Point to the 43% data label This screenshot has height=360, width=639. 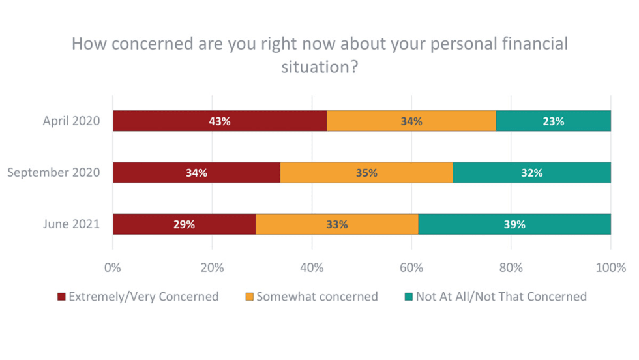click(220, 121)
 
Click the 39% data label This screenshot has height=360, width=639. click(514, 224)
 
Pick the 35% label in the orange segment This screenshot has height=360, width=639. click(366, 173)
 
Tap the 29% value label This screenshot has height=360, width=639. click(184, 224)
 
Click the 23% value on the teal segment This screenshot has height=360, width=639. click(554, 121)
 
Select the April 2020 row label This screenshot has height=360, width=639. click(71, 121)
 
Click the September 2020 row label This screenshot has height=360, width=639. click(53, 173)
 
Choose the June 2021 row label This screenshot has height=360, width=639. click(71, 224)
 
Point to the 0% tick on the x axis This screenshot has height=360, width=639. click(113, 267)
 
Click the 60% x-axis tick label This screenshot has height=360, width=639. click(411, 267)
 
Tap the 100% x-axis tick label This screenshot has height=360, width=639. click(610, 267)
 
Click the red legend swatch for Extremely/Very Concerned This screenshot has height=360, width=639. click(61, 297)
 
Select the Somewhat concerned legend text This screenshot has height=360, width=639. click(317, 297)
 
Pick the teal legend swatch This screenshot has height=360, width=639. click(409, 297)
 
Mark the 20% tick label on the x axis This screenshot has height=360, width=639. click(213, 267)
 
